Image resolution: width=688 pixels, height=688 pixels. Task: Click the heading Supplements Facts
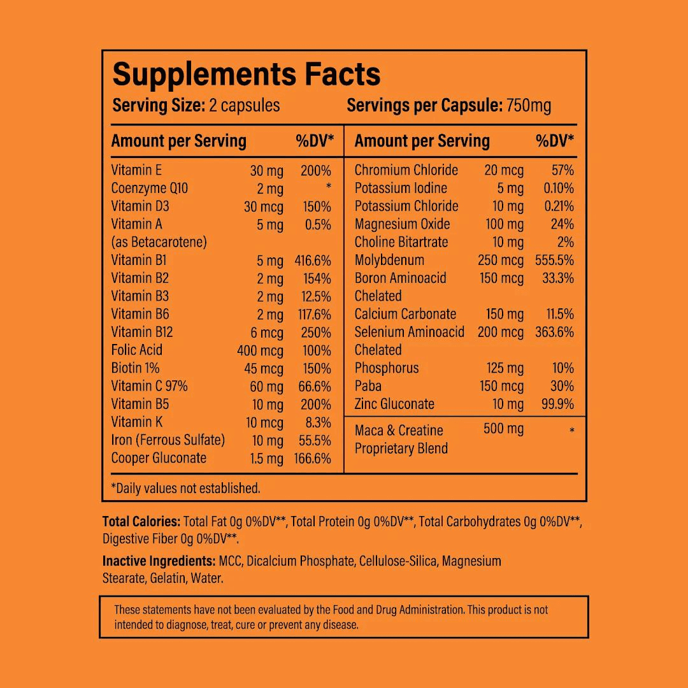(x=247, y=75)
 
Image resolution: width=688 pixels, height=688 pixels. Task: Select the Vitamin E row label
(x=136, y=170)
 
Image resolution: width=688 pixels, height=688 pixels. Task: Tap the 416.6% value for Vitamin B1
(x=313, y=261)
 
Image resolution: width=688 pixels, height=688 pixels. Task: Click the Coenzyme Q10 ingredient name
(x=150, y=188)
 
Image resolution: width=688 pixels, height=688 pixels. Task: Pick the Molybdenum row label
(x=389, y=260)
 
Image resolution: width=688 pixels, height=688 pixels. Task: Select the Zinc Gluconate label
(x=394, y=404)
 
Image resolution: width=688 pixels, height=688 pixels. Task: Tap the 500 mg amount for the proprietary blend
(x=503, y=429)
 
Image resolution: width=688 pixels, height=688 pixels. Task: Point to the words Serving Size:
(x=159, y=106)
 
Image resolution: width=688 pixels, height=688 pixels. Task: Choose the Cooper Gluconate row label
(x=159, y=458)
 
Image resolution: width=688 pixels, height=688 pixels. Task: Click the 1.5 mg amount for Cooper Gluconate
(x=266, y=459)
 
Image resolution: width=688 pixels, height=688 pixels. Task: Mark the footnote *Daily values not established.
(x=185, y=489)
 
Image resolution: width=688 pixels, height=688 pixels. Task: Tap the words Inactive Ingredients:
(x=159, y=561)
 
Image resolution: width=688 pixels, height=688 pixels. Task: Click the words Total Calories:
(x=141, y=522)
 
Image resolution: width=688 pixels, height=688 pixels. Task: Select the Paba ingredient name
(x=368, y=386)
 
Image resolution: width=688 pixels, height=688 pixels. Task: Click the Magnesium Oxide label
(x=402, y=224)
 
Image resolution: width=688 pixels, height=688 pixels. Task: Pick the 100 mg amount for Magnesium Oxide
(x=504, y=224)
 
